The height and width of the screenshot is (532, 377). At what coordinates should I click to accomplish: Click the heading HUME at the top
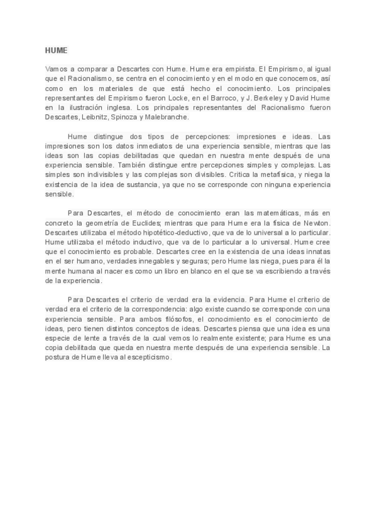(56, 50)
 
